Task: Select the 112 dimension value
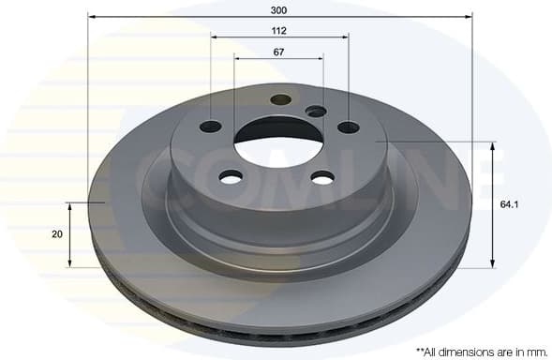click(x=279, y=30)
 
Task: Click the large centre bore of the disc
click(x=278, y=142)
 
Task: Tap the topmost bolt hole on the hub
click(x=280, y=99)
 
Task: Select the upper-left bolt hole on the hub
click(x=211, y=127)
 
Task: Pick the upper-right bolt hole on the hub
click(x=348, y=127)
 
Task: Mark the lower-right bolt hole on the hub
click(x=322, y=177)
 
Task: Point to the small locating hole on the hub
click(x=317, y=112)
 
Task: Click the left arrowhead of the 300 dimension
click(x=91, y=16)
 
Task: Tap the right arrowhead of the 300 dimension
click(x=468, y=16)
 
